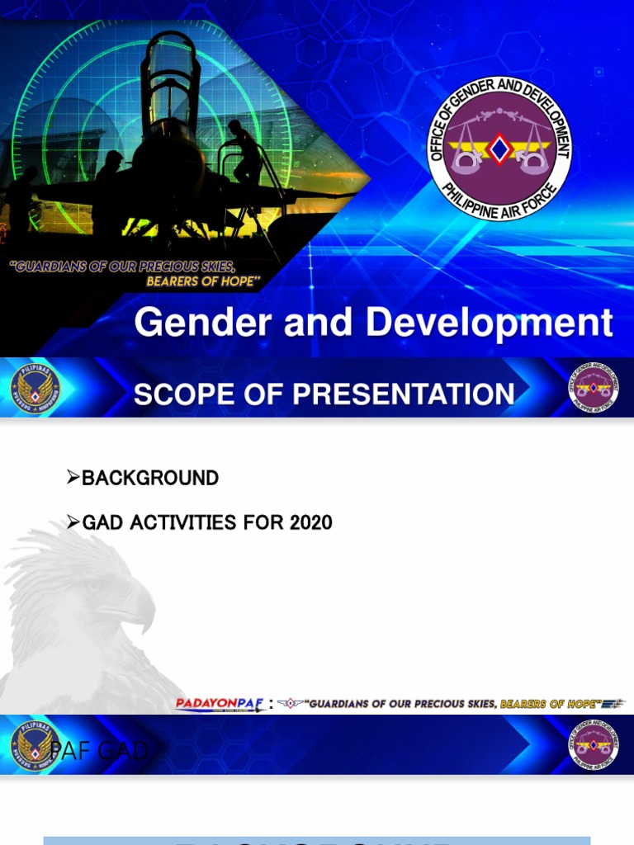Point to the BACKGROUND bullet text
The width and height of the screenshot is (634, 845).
tap(149, 478)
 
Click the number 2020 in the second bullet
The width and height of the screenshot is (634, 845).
tap(310, 522)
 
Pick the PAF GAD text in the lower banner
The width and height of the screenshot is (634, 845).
tap(99, 751)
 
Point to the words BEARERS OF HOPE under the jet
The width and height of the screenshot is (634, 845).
tap(203, 281)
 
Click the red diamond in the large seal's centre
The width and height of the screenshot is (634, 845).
tap(499, 149)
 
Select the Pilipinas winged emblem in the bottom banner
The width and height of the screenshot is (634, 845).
tap(35, 745)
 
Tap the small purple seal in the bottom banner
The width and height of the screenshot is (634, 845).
tap(593, 745)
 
